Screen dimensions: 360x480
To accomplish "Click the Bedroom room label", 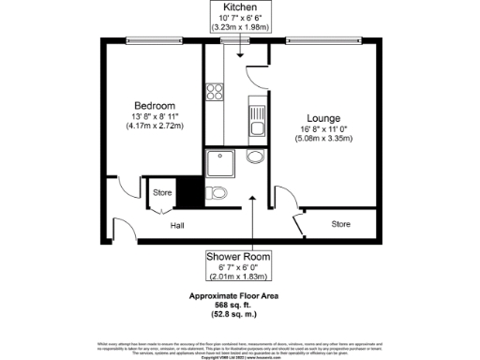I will tap(154, 104).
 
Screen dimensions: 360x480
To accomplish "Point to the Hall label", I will tap(176, 226).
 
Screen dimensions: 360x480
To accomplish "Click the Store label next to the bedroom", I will tap(162, 194).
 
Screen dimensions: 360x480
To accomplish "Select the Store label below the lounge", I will tap(340, 224).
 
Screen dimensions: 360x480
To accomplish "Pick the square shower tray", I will tap(222, 162).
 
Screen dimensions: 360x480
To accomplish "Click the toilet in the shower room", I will tap(217, 194).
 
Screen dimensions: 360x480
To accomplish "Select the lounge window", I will tap(325, 39).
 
